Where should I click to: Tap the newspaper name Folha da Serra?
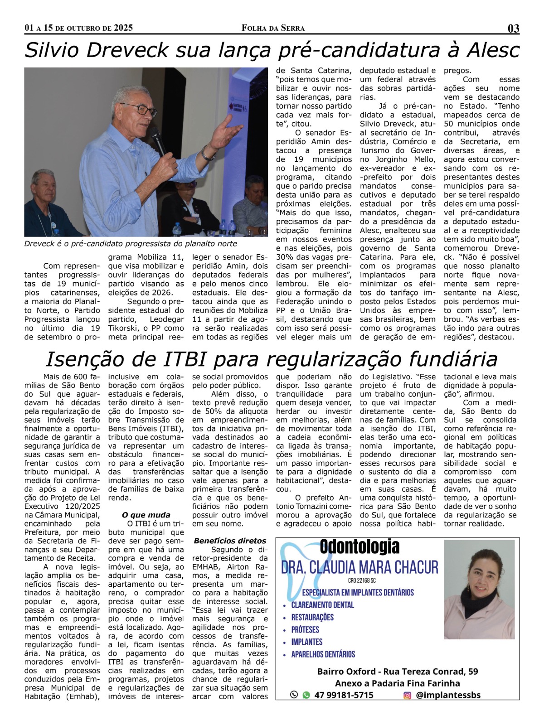(273, 28)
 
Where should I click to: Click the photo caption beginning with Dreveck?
(131, 244)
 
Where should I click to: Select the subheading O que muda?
(146, 515)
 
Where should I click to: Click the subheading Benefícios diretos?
(230, 541)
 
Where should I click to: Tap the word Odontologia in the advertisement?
(359, 547)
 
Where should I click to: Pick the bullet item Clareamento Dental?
(322, 605)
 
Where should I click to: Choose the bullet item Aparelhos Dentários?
(323, 654)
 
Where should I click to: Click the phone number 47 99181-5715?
(344, 695)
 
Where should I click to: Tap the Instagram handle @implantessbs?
(448, 695)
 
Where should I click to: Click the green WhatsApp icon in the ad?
(306, 695)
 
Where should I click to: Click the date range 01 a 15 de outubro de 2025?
(78, 28)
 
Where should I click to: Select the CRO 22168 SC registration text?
(359, 580)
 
